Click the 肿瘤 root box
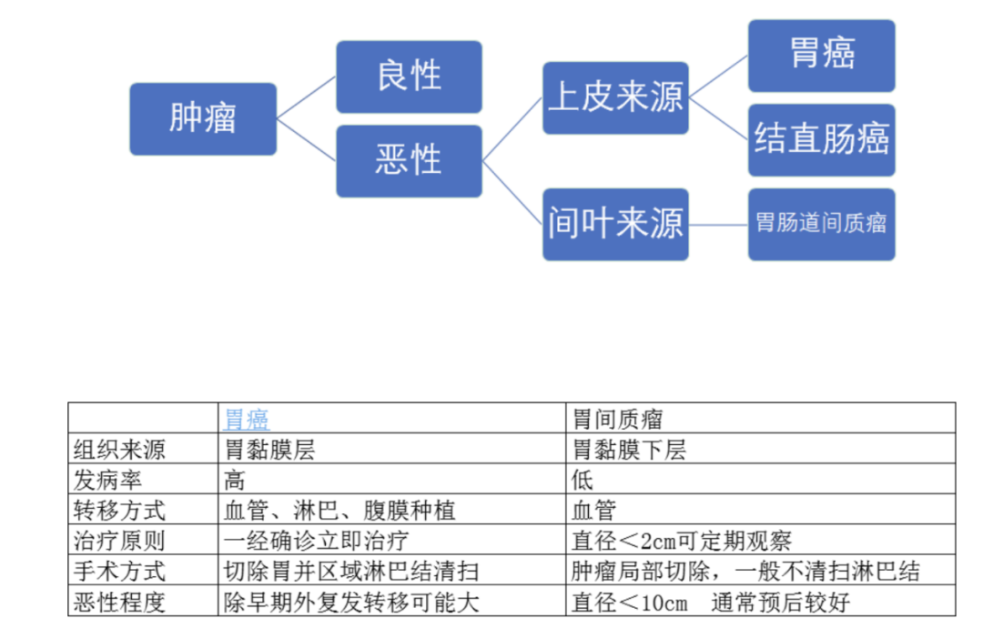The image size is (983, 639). [202, 119]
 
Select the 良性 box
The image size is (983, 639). [409, 76]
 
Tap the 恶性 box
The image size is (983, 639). [409, 161]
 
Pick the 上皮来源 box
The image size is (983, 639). [615, 98]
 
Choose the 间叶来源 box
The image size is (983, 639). [615, 224]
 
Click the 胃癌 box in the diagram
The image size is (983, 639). [821, 56]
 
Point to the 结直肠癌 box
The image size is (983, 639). [821, 140]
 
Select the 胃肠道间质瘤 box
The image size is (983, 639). [821, 224]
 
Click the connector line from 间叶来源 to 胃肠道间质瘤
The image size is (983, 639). [718, 224]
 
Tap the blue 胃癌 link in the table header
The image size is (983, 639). [247, 419]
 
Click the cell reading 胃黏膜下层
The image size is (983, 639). [629, 449]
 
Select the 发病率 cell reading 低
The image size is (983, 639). [583, 480]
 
